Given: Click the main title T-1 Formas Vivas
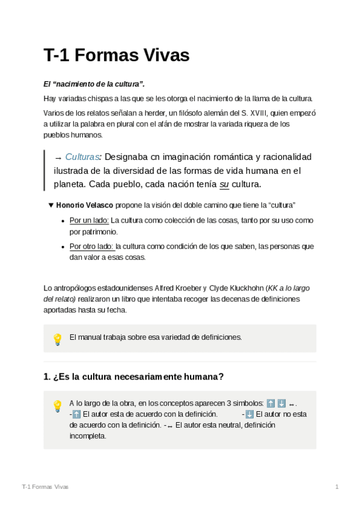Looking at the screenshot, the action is [117, 55].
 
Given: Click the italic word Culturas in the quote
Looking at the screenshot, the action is [82, 157].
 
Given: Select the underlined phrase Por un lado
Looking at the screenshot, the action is [89, 220].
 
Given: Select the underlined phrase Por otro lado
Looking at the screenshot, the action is [91, 247].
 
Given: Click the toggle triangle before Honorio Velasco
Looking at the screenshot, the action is [51, 205].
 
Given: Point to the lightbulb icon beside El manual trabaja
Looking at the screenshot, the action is [58, 339].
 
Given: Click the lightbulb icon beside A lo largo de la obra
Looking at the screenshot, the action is [58, 406].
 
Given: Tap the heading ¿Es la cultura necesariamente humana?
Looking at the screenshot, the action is [133, 377].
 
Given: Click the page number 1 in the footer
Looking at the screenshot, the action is [337, 487].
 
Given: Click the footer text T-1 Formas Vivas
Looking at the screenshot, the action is [44, 487].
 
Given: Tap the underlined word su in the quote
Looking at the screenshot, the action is [224, 183].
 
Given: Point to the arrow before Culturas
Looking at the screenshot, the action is [58, 158].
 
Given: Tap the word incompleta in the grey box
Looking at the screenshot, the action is [88, 436].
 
